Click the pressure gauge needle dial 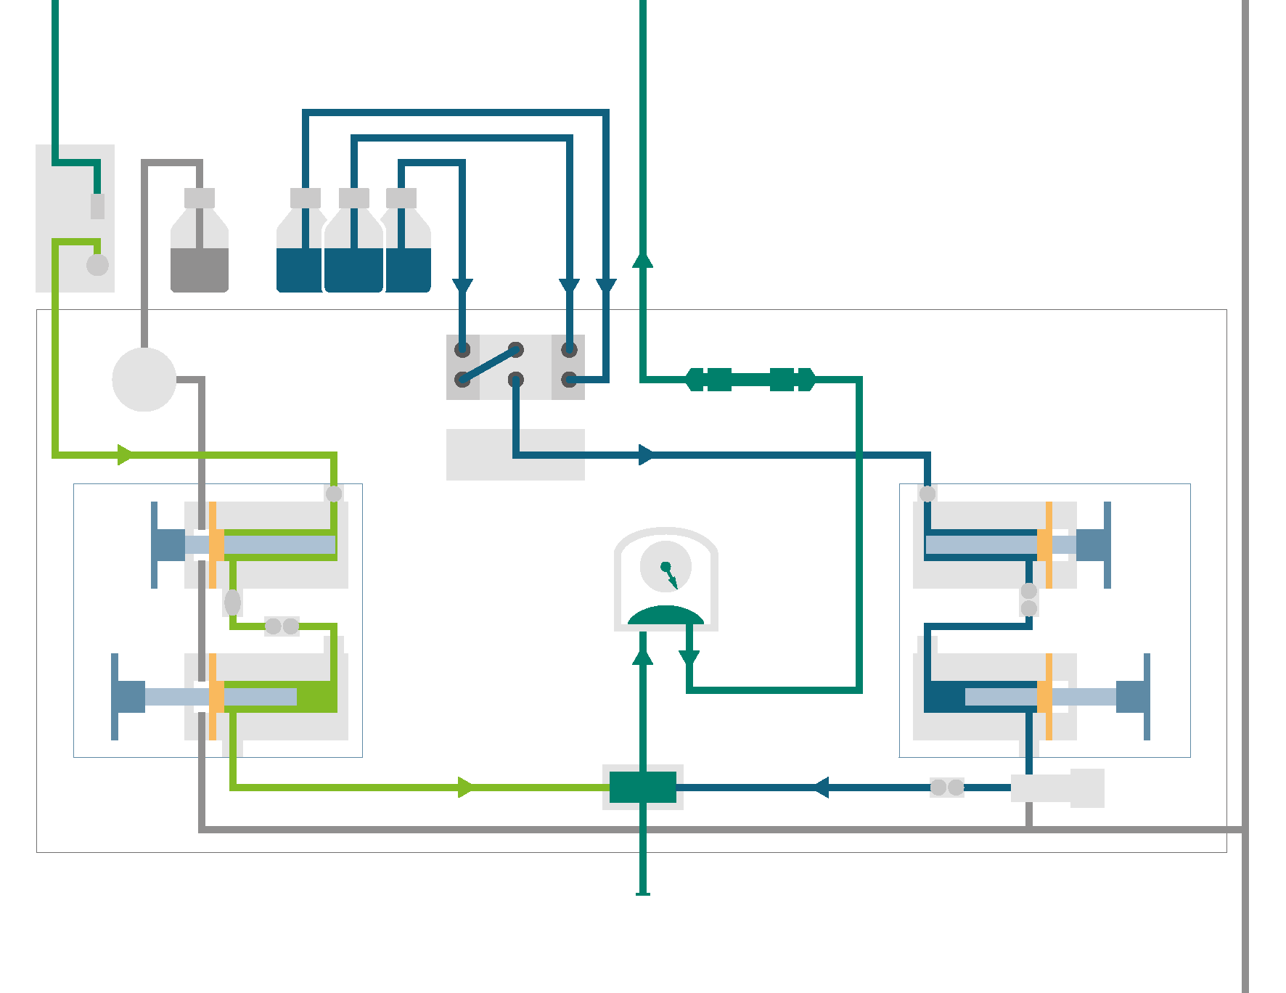tap(665, 567)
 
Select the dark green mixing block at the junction tap(642, 787)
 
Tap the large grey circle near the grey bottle tap(144, 380)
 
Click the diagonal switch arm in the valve tap(489, 364)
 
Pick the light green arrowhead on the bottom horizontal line tap(466, 787)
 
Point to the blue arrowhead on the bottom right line tap(821, 787)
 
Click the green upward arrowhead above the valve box tap(642, 260)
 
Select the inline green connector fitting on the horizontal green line tap(750, 379)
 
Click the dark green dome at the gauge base tap(665, 616)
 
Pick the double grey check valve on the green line tap(282, 626)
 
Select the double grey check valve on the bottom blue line tap(947, 787)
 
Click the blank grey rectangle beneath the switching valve tap(515, 454)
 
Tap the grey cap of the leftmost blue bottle tap(306, 197)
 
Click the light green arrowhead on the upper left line tap(125, 455)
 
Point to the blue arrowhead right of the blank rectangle tap(646, 455)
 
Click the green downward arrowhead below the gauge tap(689, 658)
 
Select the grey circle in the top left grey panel tap(97, 265)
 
